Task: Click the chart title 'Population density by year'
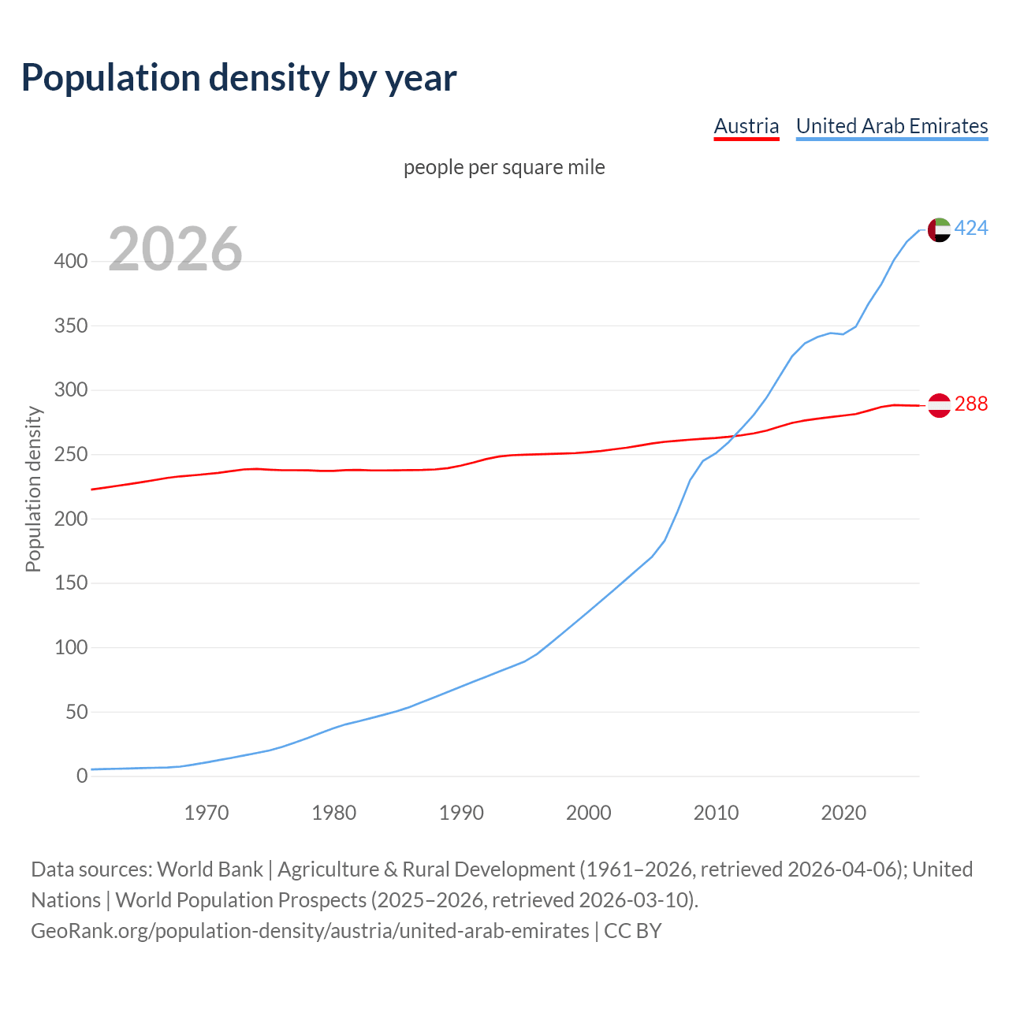coord(239,77)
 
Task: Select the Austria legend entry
coord(746,126)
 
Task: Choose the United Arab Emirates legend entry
coord(892,126)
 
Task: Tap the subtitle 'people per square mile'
coord(504,167)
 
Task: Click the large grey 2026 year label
coord(175,249)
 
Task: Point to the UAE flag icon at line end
coord(939,229)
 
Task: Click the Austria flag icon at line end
coord(939,405)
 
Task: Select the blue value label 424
coord(971,229)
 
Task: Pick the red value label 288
coord(971,404)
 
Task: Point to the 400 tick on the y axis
coord(71,261)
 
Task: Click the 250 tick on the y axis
coord(71,455)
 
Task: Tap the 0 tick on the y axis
coord(82,776)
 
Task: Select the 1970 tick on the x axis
coord(207,813)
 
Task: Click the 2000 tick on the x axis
coord(589,813)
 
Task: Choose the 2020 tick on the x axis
coord(843,813)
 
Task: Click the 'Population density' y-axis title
coord(33,489)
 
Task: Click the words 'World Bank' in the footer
coord(210,869)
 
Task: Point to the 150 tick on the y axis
coord(71,583)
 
